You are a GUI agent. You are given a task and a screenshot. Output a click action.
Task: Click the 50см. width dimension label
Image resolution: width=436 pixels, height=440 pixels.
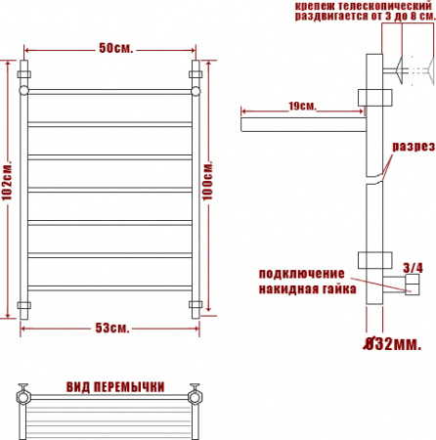point(116,48)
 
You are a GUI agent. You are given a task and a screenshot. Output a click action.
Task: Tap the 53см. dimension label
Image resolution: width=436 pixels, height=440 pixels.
point(112,328)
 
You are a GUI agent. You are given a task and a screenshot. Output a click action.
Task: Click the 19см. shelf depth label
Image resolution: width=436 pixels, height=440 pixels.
point(302,107)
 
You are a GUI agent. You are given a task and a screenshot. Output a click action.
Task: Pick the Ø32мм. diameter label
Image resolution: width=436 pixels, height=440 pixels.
point(392,344)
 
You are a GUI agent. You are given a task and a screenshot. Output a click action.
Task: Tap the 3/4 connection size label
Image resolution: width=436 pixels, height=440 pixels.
point(413,268)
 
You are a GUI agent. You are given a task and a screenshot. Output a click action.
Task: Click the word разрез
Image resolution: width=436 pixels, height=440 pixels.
point(414,147)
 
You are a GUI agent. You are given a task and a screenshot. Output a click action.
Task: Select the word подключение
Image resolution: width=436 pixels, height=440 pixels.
point(302,274)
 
